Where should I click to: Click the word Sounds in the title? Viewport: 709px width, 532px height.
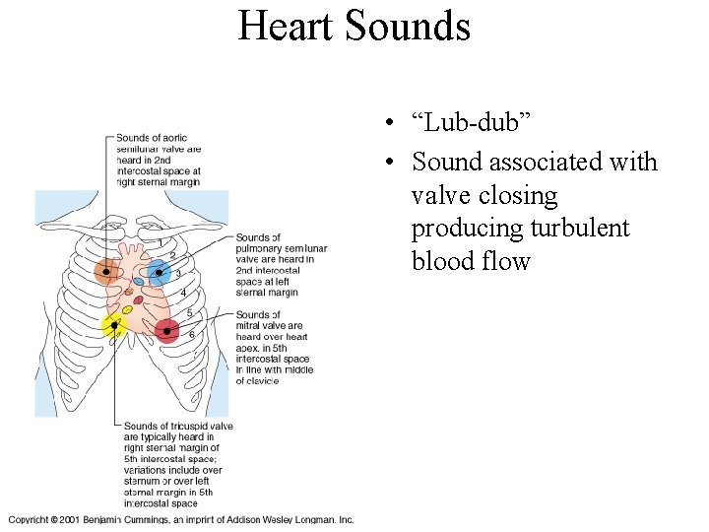[409, 27]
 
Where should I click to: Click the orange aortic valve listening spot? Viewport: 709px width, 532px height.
[106, 272]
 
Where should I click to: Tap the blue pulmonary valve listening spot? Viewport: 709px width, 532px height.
[159, 272]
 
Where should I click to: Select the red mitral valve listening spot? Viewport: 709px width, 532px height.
[166, 331]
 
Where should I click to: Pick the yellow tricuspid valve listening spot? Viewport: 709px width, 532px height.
[114, 324]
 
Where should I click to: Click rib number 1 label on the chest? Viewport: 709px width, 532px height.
[161, 242]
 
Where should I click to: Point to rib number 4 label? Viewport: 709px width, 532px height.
[182, 293]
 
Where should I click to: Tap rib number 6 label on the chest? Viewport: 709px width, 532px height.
[191, 335]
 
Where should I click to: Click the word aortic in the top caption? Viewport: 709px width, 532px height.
[174, 138]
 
